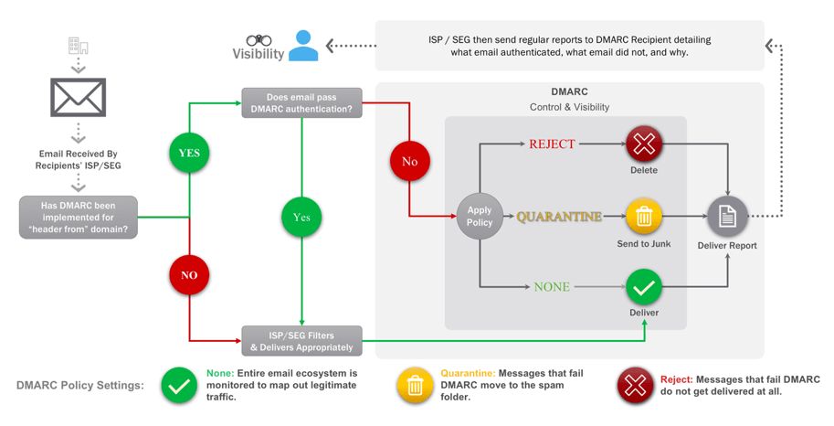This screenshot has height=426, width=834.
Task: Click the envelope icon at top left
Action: (x=79, y=97)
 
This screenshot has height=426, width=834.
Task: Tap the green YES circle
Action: (x=189, y=153)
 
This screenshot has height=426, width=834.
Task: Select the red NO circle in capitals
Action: (x=189, y=274)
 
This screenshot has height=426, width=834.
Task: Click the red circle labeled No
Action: (x=409, y=161)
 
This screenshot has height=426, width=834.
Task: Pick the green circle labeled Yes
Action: (x=301, y=218)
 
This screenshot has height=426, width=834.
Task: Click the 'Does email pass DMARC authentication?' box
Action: (x=301, y=102)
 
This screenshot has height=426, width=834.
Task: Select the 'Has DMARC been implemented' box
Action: (x=79, y=218)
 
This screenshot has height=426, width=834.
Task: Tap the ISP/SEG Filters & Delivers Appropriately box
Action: (x=301, y=341)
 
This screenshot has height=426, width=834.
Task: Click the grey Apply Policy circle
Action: (x=480, y=217)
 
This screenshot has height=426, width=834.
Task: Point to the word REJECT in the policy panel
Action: (x=552, y=144)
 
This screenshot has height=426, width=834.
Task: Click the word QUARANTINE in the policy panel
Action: (x=559, y=217)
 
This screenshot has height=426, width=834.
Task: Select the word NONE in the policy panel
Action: (x=552, y=287)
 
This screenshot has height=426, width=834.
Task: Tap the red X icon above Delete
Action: (x=644, y=144)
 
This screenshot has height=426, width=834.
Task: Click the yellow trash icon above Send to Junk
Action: (x=644, y=217)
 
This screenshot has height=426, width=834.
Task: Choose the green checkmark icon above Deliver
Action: (x=644, y=287)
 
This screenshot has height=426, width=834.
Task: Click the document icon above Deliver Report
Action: (x=727, y=217)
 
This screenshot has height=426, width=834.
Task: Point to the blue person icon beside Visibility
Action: (x=303, y=46)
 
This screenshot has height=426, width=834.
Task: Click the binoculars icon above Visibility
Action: (x=259, y=40)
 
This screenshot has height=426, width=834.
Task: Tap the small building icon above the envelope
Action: (x=79, y=46)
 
